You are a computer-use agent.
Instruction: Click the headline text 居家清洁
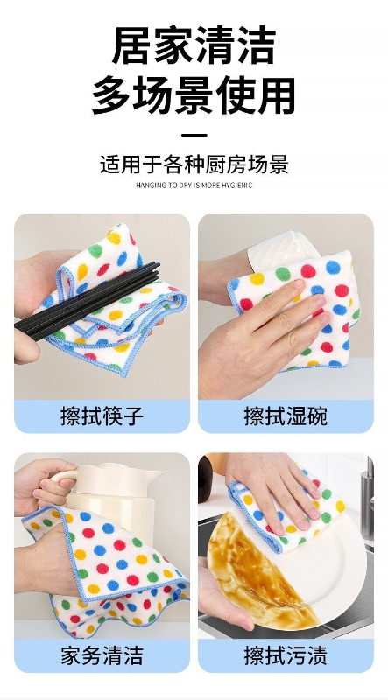(x=194, y=45)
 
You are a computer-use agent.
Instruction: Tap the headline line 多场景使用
(x=194, y=95)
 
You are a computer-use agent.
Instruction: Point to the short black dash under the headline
(x=194, y=135)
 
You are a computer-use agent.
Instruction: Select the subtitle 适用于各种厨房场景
(x=194, y=164)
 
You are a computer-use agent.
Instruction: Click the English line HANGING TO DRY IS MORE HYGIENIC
(x=194, y=185)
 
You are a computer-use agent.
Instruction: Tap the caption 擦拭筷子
(x=102, y=416)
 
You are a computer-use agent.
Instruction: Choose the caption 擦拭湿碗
(x=286, y=416)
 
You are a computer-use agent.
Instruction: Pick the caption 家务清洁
(x=102, y=655)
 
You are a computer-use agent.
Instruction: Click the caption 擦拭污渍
(x=286, y=655)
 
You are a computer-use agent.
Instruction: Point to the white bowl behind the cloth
(x=282, y=248)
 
